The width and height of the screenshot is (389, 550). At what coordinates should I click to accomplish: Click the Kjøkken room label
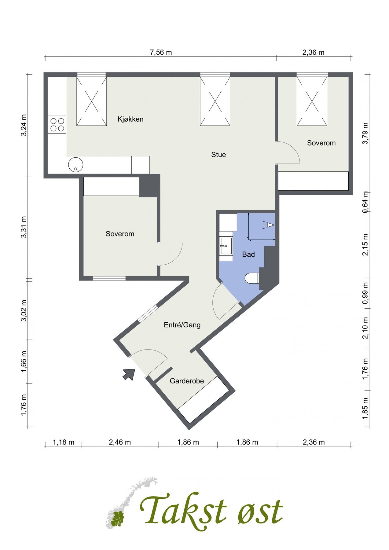(130, 119)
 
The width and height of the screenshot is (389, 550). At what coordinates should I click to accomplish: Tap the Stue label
(218, 155)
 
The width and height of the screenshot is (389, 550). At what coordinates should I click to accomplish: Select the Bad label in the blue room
(248, 254)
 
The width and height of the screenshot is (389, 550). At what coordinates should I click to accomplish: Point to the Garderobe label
(187, 381)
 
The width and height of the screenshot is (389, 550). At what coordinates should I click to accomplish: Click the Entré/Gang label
(182, 325)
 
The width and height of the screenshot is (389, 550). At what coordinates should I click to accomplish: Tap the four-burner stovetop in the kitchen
(57, 125)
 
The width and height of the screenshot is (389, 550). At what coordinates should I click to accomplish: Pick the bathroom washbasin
(226, 246)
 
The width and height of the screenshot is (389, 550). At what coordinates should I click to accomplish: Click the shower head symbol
(269, 225)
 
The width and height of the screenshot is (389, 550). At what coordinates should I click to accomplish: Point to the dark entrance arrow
(129, 374)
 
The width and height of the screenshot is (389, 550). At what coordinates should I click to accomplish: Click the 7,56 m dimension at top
(161, 52)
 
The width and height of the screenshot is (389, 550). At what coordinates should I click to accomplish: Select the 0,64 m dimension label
(365, 202)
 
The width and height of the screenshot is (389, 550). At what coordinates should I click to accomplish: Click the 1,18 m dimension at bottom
(64, 442)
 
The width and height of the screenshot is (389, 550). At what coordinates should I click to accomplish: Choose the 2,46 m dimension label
(120, 442)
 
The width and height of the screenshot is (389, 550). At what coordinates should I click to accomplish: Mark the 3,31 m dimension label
(24, 227)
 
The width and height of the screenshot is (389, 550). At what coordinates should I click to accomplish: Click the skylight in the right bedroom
(312, 101)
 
